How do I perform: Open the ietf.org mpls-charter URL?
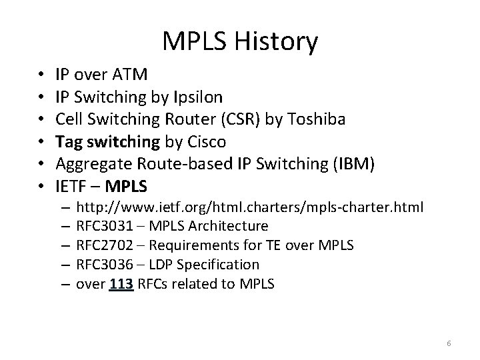249,207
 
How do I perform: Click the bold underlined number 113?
121,283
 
